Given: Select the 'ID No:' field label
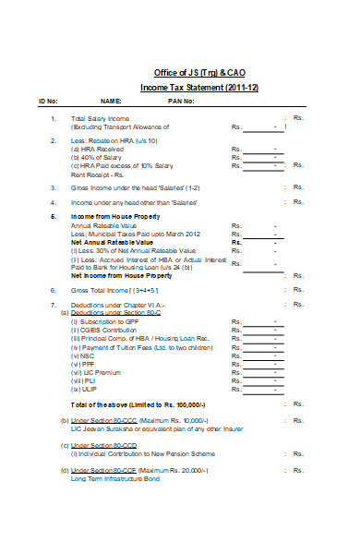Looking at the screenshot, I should [48, 101].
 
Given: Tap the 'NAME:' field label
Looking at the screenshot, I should [111, 101].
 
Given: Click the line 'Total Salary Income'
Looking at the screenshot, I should [101, 119].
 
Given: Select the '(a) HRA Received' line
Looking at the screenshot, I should [98, 149].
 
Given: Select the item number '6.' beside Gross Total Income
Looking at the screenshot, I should [54, 290].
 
